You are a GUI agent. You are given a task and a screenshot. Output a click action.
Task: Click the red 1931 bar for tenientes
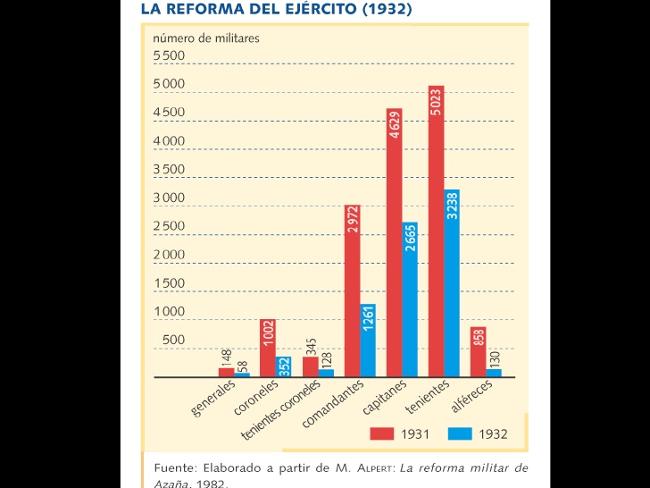[x=436, y=232]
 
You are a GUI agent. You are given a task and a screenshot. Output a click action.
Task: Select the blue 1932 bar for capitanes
[x=410, y=300]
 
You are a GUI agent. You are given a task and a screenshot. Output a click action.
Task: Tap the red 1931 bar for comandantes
[x=353, y=291]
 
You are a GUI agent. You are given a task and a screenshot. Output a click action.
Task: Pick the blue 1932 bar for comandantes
[x=368, y=341]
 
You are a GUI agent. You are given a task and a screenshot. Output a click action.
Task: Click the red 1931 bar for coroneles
[x=268, y=349]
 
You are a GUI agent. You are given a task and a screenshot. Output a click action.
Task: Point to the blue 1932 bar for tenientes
[x=452, y=283]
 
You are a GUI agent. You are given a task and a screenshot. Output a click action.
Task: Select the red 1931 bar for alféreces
[x=479, y=352]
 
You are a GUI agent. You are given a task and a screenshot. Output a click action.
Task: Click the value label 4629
[x=395, y=123]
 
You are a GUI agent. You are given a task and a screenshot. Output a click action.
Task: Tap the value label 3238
[x=452, y=206]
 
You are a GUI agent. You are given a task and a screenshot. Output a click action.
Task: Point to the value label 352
[x=284, y=366]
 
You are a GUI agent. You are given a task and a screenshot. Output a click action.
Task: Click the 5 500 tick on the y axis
[x=169, y=56]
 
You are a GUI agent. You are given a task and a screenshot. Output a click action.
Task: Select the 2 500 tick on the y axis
[x=169, y=226]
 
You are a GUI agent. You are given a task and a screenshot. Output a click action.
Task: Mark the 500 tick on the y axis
[x=173, y=341]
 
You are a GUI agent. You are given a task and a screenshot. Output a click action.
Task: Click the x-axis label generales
[x=213, y=399]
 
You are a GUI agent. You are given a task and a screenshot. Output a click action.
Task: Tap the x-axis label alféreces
[x=471, y=395]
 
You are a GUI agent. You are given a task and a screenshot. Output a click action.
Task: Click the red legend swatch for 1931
[x=382, y=434]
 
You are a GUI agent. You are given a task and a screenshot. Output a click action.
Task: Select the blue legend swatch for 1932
[x=460, y=434]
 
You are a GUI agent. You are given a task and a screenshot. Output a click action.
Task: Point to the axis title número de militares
[x=206, y=38]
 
